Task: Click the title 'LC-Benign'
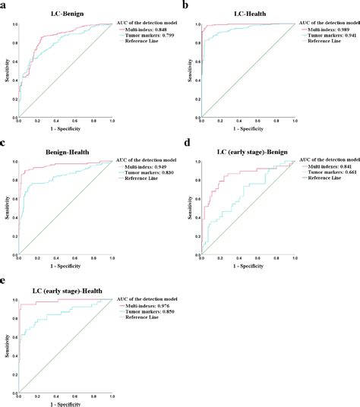tap(65, 13)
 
